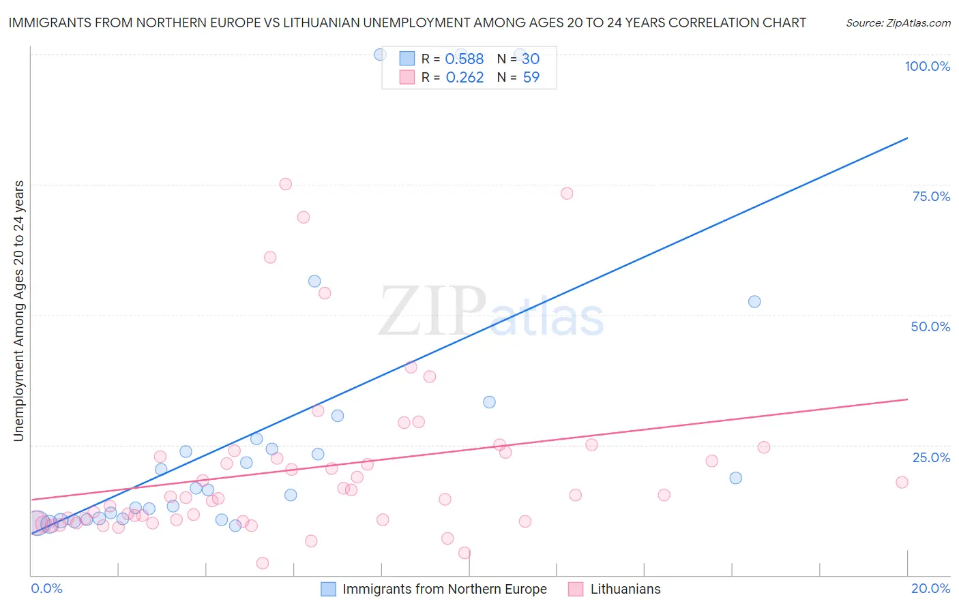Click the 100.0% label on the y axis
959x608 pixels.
pyautogui.click(x=927, y=66)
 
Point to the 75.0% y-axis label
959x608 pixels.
pyautogui.click(x=931, y=196)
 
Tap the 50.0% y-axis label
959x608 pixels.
pyautogui.click(x=930, y=326)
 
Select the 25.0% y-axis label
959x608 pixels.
pyautogui.click(x=931, y=457)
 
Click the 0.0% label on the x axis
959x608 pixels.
pyautogui.click(x=46, y=588)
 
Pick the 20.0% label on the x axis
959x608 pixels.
pyautogui.click(x=930, y=588)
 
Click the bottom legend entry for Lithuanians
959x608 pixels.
pyautogui.click(x=625, y=589)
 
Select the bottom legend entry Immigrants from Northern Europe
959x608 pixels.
pyautogui.click(x=444, y=589)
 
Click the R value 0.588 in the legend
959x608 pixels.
pyautogui.click(x=464, y=59)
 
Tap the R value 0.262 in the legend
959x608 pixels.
pyautogui.click(x=464, y=78)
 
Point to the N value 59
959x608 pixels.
pyautogui.click(x=531, y=78)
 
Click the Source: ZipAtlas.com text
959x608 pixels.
pyautogui.click(x=898, y=23)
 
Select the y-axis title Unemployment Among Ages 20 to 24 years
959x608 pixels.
pyautogui.click(x=19, y=311)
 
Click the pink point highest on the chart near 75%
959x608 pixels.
pyautogui.click(x=286, y=184)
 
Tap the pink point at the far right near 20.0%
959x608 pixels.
pyautogui.click(x=902, y=482)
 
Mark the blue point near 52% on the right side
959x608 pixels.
pyautogui.click(x=754, y=301)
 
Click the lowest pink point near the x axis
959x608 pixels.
pyautogui.click(x=263, y=563)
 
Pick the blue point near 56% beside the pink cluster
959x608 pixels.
pyautogui.click(x=314, y=281)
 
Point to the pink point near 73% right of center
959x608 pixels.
pyautogui.click(x=567, y=194)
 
